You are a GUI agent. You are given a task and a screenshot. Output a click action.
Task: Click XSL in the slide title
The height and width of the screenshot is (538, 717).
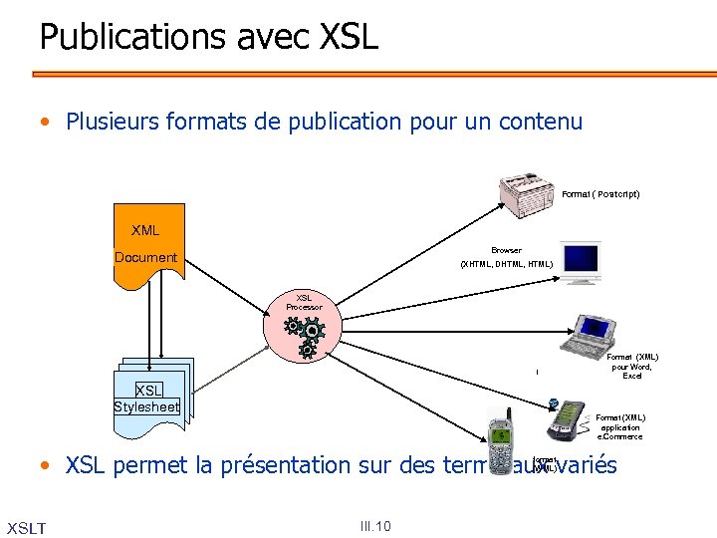[350, 38]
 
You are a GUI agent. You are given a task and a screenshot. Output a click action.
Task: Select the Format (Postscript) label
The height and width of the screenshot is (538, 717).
[600, 194]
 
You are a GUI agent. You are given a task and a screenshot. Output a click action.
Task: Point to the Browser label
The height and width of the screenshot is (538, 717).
[506, 250]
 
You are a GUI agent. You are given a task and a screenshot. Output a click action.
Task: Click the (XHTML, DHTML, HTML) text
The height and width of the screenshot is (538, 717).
[506, 264]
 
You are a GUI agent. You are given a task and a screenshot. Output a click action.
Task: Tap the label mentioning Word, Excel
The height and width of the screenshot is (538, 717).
[632, 366]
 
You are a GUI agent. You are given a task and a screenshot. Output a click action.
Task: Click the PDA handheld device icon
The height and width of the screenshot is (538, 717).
[566, 419]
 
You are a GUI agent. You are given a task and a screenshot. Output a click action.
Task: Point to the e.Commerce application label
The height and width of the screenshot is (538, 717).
[620, 426]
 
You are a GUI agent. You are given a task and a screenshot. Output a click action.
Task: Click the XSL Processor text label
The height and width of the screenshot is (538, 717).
[305, 302]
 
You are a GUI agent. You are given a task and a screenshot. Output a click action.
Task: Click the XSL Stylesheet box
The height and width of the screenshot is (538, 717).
[147, 397]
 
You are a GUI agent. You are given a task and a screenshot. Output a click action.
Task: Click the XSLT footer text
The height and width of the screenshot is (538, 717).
[26, 526]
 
